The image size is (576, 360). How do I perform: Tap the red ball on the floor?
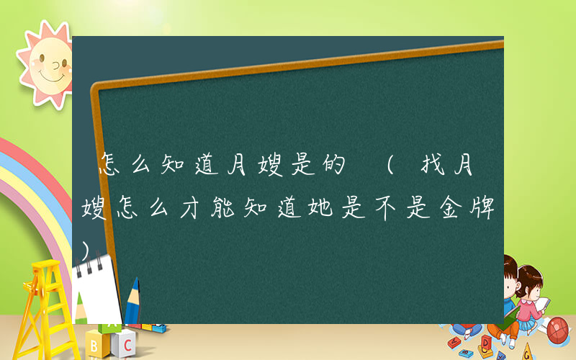click(x=557, y=330)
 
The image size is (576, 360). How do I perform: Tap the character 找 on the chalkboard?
click(x=431, y=168)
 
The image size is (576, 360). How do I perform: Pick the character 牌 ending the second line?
click(x=481, y=209)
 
